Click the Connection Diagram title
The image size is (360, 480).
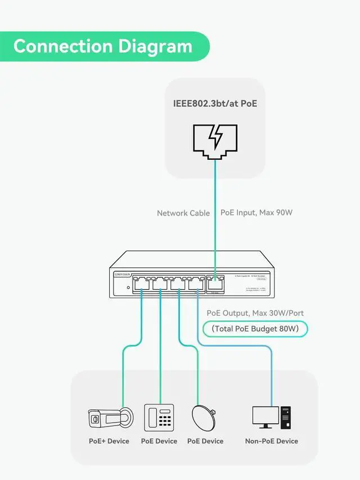[x=103, y=46]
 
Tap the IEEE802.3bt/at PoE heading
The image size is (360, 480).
[x=215, y=104]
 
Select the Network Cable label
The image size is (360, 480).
[x=183, y=213]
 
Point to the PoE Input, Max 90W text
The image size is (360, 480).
[x=256, y=213]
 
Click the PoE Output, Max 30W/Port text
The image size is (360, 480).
[x=256, y=313]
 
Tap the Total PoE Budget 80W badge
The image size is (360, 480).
[x=255, y=329]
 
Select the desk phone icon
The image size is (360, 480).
[x=159, y=418]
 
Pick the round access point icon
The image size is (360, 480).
[x=205, y=418]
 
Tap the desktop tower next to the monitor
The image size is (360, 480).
[x=286, y=418]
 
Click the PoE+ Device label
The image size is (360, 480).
[x=109, y=441]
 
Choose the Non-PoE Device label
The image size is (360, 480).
[x=272, y=441]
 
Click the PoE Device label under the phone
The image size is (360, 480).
[x=159, y=441]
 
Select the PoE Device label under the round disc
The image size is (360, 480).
[x=205, y=441]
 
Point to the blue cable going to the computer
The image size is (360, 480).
[x=271, y=371]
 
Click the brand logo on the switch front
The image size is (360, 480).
[x=123, y=275]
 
